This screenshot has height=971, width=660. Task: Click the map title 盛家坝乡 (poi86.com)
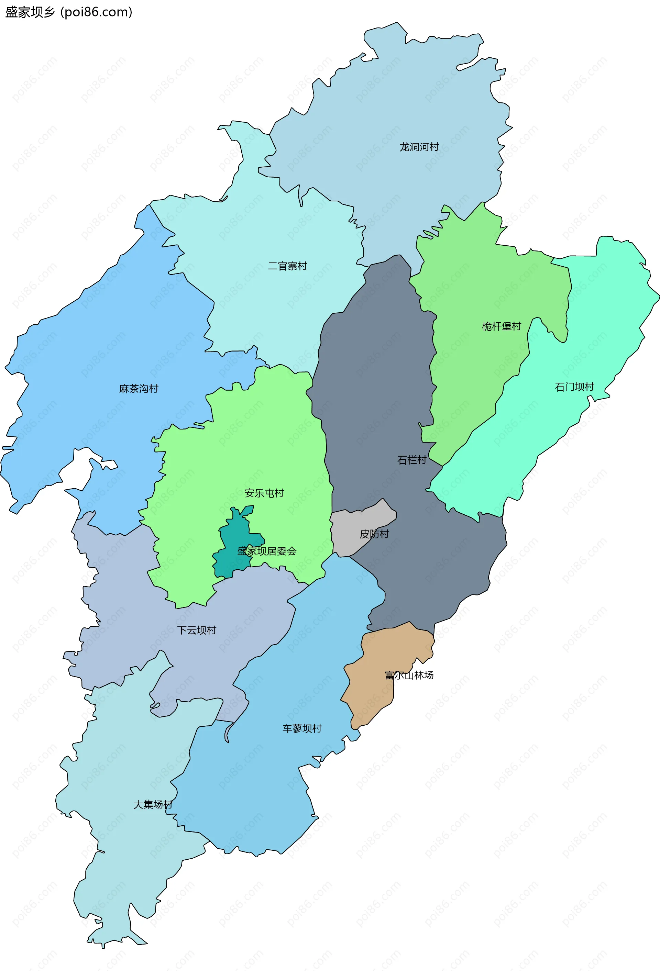click(x=68, y=12)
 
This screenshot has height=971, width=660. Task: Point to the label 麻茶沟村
click(x=139, y=389)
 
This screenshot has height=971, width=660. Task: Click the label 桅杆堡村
click(x=501, y=326)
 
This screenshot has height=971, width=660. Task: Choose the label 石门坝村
click(x=574, y=387)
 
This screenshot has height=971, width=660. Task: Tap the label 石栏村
click(x=411, y=460)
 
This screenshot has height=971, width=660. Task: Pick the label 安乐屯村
click(x=264, y=493)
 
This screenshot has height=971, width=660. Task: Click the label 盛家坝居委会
click(x=267, y=551)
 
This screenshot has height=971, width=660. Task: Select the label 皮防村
click(x=374, y=534)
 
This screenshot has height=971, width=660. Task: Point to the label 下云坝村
click(x=197, y=630)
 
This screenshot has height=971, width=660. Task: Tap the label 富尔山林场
click(x=409, y=675)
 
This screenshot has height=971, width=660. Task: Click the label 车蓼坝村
click(x=302, y=728)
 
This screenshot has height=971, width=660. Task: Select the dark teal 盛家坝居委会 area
click(x=234, y=539)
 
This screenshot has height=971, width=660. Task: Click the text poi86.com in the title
click(x=97, y=12)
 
